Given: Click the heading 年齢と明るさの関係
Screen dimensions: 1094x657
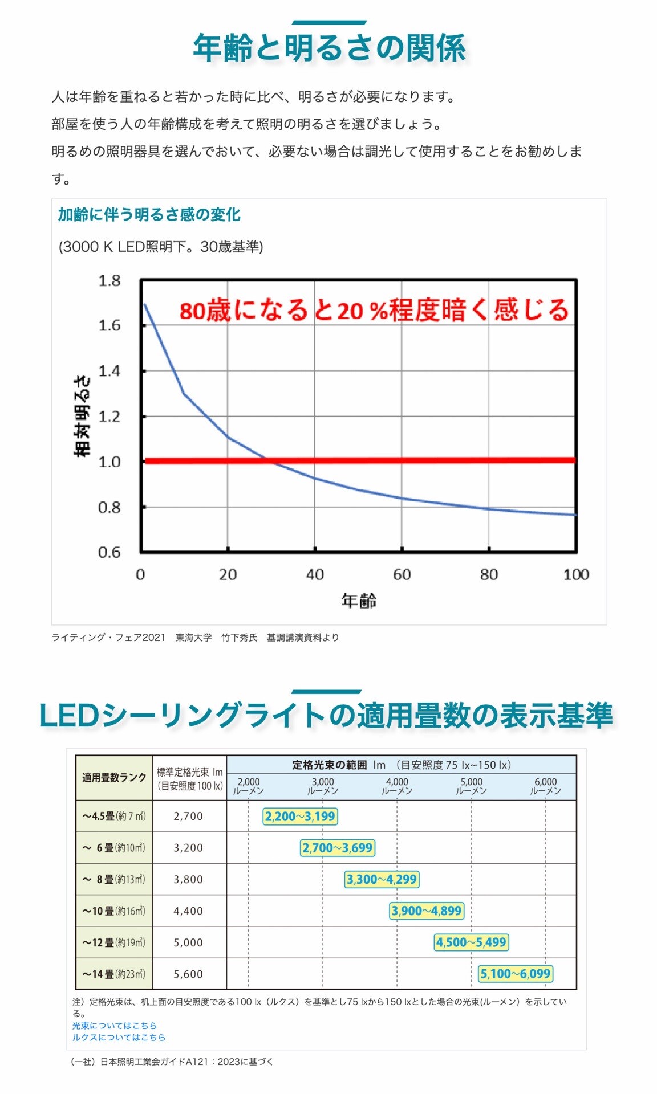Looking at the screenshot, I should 329,48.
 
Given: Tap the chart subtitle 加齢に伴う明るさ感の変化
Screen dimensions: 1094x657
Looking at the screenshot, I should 149,215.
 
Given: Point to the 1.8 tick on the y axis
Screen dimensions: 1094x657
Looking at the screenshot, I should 109,280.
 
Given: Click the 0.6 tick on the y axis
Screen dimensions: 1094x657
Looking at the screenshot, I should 109,552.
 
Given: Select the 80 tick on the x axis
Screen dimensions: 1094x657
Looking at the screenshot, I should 489,574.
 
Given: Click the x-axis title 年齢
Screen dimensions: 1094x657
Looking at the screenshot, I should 359,601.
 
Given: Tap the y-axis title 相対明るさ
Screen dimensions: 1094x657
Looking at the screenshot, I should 82,416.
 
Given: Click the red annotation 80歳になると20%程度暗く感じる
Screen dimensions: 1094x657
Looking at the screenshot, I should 374,311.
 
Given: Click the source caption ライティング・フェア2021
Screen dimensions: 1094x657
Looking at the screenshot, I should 108,638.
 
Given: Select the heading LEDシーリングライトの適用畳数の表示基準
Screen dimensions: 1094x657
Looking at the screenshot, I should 326,716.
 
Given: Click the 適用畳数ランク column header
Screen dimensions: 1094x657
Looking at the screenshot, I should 114,778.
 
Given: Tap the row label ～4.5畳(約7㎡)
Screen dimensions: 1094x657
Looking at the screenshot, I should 114,816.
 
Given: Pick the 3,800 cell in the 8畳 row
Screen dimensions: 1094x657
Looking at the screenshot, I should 188,879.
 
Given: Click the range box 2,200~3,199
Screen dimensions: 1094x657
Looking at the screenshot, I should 300,816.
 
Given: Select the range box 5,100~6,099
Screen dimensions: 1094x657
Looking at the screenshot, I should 516,974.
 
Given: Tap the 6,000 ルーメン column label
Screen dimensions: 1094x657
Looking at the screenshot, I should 546,786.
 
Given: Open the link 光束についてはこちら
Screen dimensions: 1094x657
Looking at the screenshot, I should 114,1026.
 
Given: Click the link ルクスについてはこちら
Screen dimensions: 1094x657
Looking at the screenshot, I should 119,1038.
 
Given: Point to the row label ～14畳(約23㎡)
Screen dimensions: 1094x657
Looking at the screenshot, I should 114,974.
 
